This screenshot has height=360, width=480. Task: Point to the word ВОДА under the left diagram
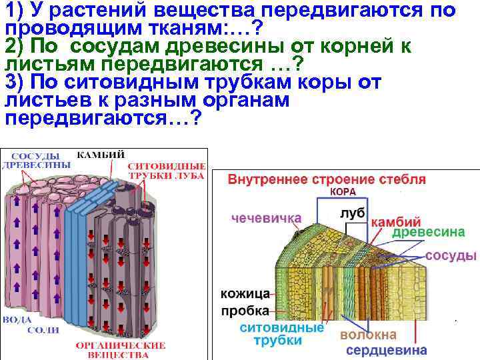(x=18, y=320)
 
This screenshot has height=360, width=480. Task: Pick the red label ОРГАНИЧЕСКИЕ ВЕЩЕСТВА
(x=120, y=351)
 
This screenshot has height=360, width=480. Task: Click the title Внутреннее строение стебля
(x=327, y=180)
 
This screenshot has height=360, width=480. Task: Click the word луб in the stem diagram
(x=351, y=211)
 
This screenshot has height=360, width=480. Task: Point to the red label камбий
(x=395, y=221)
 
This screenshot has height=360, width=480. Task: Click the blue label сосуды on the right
(x=451, y=255)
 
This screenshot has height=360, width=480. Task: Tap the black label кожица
(x=245, y=293)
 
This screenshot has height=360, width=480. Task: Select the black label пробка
(x=245, y=311)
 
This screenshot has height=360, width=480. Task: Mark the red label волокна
(x=368, y=334)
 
